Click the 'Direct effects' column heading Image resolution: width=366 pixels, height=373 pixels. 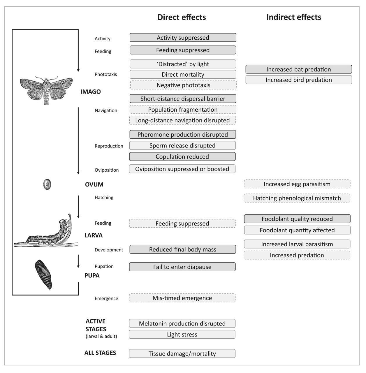[182, 17]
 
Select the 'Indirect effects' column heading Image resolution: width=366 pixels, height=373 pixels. [294, 17]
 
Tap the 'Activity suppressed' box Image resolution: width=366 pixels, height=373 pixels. [183, 38]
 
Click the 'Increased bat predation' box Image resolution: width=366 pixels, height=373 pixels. [298, 69]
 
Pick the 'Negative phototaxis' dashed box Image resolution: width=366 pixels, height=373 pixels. [183, 85]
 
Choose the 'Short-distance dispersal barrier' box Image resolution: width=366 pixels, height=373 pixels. [183, 99]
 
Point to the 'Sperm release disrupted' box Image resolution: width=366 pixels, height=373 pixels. [182, 146]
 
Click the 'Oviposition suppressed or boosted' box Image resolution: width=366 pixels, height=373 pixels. [182, 169]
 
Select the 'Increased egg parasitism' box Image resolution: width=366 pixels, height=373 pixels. [297, 184]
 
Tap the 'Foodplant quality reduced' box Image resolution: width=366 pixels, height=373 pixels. [297, 219]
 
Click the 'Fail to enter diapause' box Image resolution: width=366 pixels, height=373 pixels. [182, 267]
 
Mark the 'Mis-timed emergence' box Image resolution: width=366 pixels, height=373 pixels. [182, 298]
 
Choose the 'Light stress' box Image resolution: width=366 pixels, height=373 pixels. [182, 335]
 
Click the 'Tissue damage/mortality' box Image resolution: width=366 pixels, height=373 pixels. [182, 354]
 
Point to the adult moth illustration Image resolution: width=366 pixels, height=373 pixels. [46, 89]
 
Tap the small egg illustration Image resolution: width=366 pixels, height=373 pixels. [47, 184]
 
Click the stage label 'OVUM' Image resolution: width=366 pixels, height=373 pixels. [94, 184]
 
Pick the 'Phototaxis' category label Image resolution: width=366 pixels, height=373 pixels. [105, 74]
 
